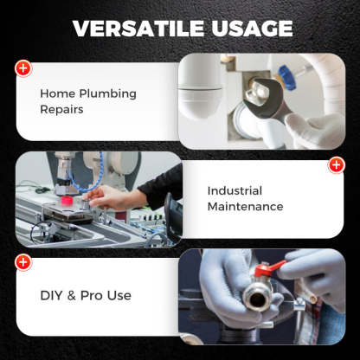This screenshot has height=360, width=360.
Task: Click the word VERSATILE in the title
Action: (x=138, y=29)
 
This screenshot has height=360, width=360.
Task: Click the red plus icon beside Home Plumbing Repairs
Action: (x=23, y=67)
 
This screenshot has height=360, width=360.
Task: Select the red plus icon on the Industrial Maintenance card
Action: (x=336, y=164)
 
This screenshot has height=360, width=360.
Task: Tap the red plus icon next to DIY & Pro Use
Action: (x=23, y=261)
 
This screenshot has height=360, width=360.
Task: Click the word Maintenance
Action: (x=245, y=207)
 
